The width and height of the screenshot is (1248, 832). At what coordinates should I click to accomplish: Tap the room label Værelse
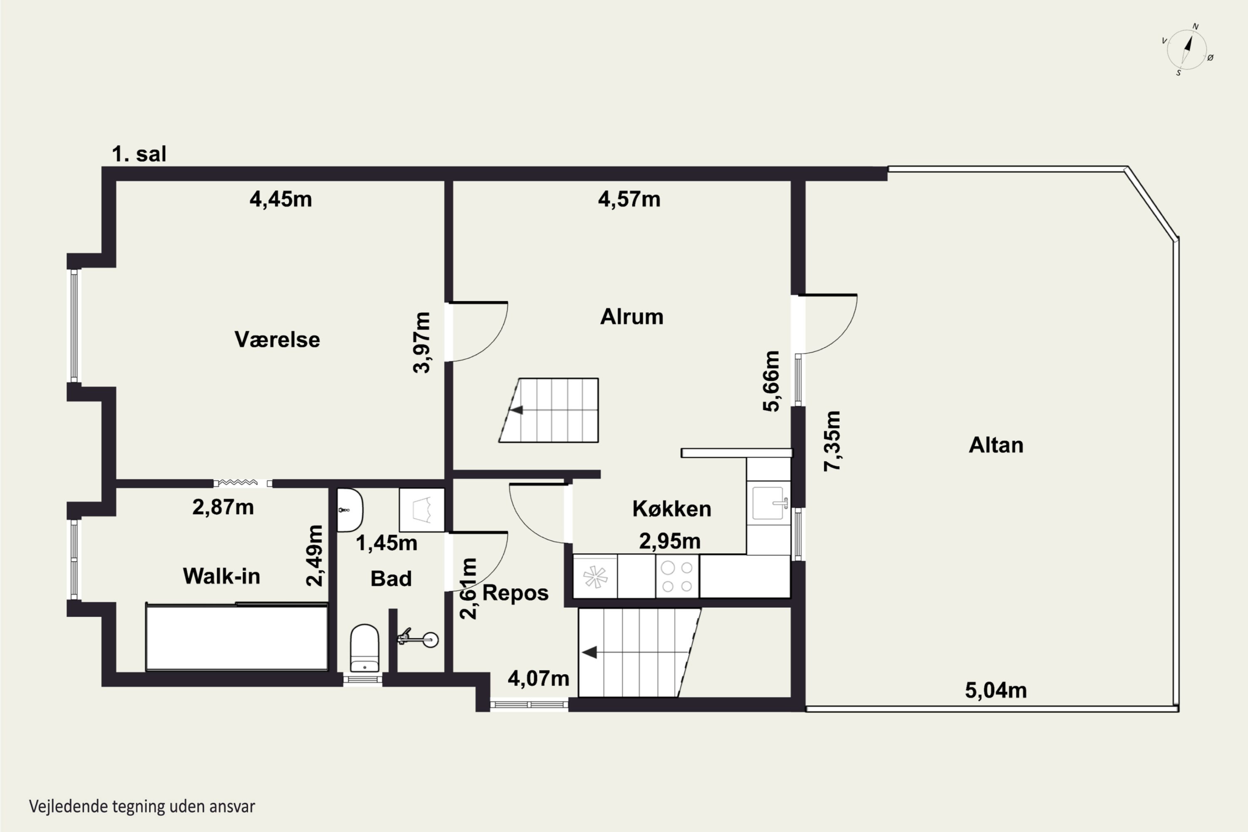click(x=277, y=339)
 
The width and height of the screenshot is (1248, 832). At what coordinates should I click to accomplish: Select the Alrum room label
click(x=631, y=317)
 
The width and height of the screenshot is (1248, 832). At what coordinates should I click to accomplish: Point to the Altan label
click(x=996, y=445)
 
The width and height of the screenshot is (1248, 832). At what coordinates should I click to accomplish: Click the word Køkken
click(x=672, y=509)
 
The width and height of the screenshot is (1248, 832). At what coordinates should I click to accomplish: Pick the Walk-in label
click(x=221, y=576)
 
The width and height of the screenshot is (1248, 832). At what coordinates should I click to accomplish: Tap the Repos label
click(x=515, y=593)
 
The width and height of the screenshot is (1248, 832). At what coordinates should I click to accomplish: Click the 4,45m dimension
click(x=281, y=200)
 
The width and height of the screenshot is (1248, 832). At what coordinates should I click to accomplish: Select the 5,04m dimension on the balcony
click(x=995, y=690)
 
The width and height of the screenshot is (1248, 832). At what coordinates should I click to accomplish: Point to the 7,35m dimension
click(x=832, y=441)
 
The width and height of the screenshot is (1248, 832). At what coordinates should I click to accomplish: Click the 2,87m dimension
click(x=223, y=507)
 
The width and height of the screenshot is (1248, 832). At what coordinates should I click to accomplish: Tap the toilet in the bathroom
click(x=364, y=649)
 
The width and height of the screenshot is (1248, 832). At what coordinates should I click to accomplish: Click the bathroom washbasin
click(x=350, y=510)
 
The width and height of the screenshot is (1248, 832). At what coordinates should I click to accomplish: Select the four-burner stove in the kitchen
click(x=677, y=576)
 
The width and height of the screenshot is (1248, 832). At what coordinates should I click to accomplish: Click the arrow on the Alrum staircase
click(x=516, y=410)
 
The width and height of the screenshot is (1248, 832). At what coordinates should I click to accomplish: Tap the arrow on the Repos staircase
click(x=589, y=652)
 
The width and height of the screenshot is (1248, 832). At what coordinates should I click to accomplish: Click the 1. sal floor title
click(x=139, y=154)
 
